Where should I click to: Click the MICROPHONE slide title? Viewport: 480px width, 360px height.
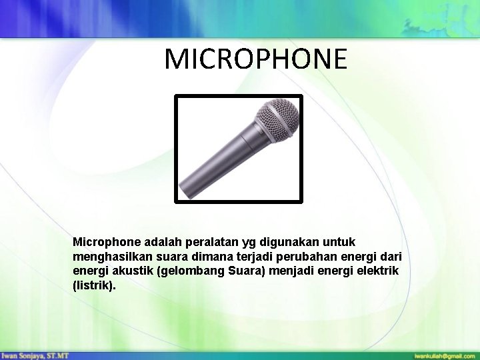[256, 59]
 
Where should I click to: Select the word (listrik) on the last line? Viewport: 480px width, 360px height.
[93, 286]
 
